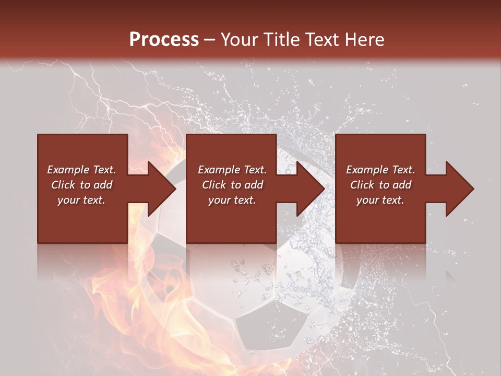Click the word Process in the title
[x=164, y=40]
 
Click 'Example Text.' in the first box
[x=81, y=170]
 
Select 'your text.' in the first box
[x=81, y=200]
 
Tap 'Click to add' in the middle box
[x=232, y=185]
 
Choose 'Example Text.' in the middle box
[x=232, y=170]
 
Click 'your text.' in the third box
[x=380, y=200]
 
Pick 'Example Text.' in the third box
[x=380, y=170]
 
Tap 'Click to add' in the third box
[x=380, y=185]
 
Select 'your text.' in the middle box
[x=232, y=200]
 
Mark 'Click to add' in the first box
[x=81, y=185]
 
